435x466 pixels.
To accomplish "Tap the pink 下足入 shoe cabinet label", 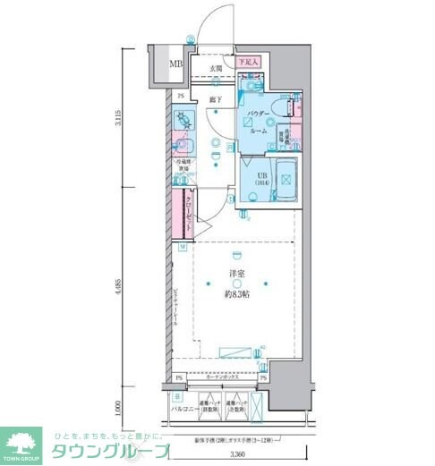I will pos(248,62).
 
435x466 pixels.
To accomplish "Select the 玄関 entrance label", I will pos(216,68).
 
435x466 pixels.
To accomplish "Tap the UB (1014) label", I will pos(263,179).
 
